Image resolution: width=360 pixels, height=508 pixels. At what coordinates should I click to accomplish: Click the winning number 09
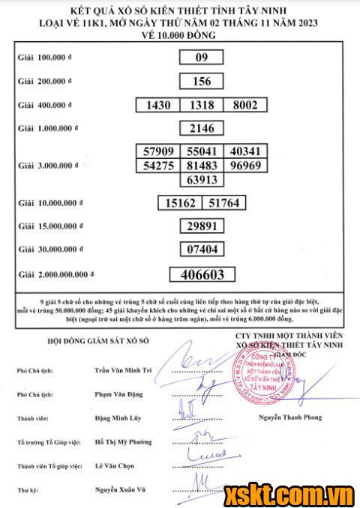[x=201, y=57]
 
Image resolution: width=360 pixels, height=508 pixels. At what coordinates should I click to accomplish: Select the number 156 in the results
[x=201, y=80]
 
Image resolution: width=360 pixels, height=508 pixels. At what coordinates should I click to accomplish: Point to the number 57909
[x=158, y=151]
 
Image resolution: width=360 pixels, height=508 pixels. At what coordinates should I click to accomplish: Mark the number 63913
[x=201, y=179]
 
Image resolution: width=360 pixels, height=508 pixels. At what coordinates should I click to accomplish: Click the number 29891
[x=201, y=226]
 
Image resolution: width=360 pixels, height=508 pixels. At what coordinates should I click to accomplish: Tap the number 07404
[x=201, y=249]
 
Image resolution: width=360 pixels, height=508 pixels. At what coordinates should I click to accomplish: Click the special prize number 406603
[x=201, y=274]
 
